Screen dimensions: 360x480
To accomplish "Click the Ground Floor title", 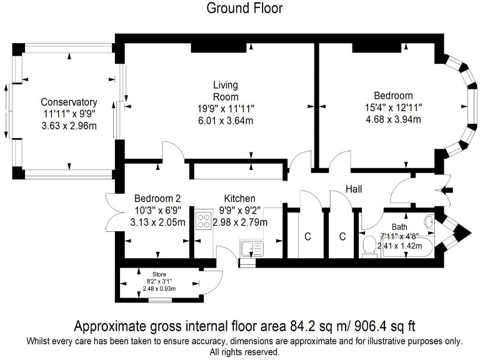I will click(x=244, y=8).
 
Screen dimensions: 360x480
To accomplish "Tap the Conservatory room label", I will click(x=69, y=102).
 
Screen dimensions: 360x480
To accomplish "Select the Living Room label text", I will click(x=226, y=91).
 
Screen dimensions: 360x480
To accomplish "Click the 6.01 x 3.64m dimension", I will click(x=226, y=121).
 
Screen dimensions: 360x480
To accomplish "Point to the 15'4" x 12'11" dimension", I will click(x=393, y=107).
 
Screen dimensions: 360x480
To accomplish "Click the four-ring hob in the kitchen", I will click(x=204, y=221).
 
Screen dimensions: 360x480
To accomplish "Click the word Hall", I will click(x=353, y=189).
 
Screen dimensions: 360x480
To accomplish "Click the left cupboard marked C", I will click(x=307, y=237).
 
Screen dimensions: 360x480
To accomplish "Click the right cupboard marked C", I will click(x=342, y=237).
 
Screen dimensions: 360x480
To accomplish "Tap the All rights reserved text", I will click(x=244, y=352).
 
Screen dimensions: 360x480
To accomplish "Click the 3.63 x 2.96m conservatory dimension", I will click(x=69, y=126).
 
